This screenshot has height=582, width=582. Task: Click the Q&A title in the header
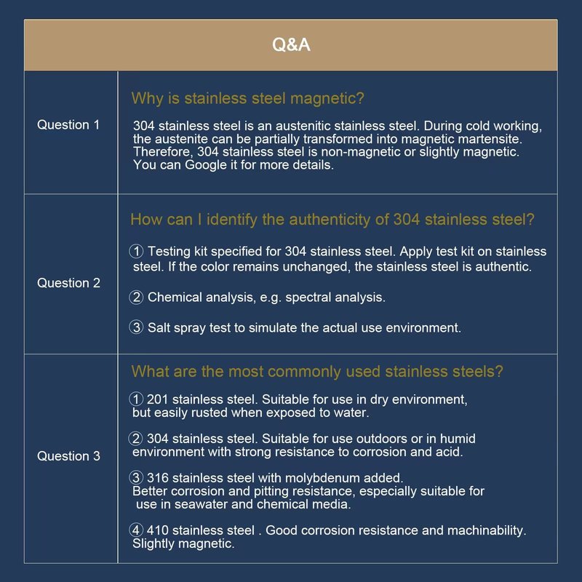coord(291,45)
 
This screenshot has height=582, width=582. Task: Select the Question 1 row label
coord(68,125)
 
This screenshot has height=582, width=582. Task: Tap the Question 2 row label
coord(68,283)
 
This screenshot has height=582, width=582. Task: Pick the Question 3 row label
coord(68,456)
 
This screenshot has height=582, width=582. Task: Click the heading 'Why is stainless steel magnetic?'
coord(247,98)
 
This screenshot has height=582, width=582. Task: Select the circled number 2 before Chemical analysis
coord(136,297)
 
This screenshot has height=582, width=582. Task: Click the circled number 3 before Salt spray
coord(136,327)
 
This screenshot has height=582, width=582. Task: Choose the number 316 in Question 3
coord(158,478)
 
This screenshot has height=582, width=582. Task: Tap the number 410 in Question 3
coord(158,530)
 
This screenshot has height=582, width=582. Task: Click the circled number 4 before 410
coord(136,530)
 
